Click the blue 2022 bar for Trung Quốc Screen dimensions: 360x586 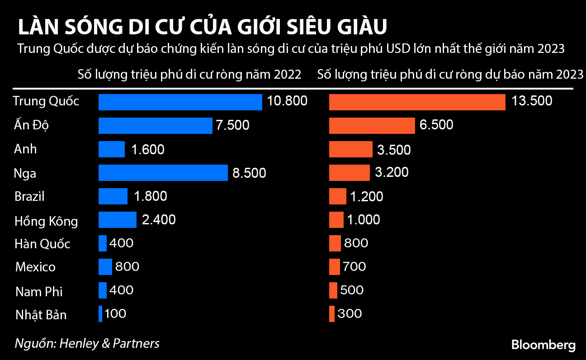(x=180, y=102)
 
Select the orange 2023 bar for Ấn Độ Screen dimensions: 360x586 (x=372, y=125)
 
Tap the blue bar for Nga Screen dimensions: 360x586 (x=163, y=173)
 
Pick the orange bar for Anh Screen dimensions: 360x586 (x=350, y=149)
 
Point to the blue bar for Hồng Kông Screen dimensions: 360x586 (x=117, y=220)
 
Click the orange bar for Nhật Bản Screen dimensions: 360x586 (x=332, y=313)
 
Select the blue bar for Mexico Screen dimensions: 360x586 (x=105, y=267)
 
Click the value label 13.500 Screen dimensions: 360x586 (x=532, y=101)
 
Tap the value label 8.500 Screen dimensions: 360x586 (x=249, y=173)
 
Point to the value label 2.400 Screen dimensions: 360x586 (x=158, y=220)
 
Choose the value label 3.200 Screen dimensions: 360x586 (x=392, y=172)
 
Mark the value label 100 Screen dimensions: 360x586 (x=115, y=313)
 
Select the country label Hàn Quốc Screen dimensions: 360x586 (x=43, y=244)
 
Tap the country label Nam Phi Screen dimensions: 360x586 (x=39, y=292)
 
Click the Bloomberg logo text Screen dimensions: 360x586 (x=543, y=345)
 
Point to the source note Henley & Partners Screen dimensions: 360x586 (x=87, y=343)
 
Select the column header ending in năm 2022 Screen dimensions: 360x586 (x=189, y=75)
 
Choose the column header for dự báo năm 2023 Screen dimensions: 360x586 (x=450, y=75)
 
